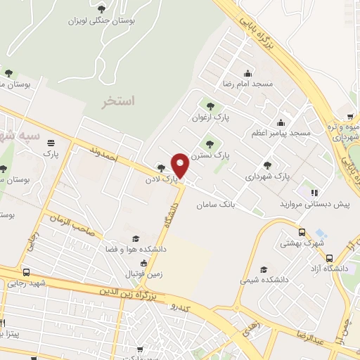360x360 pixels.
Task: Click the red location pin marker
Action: [181, 165]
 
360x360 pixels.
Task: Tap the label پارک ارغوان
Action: [212, 118]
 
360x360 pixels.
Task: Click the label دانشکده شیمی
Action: [264, 280]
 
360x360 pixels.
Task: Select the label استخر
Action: [117, 101]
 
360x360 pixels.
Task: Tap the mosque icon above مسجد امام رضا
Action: [247, 72]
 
